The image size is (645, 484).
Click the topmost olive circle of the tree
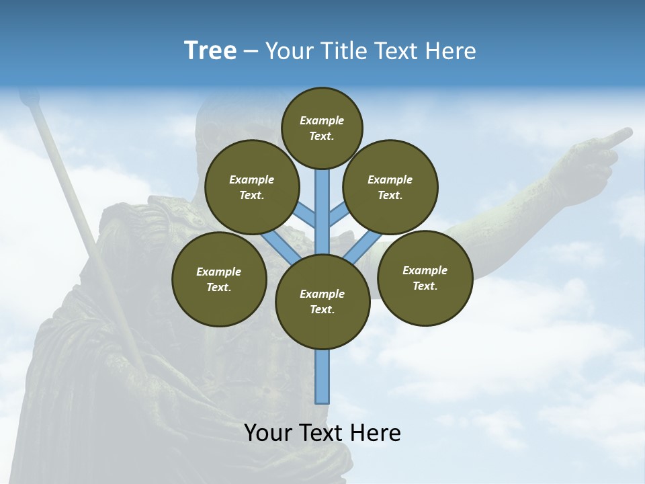[322, 128]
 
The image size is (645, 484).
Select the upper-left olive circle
[252, 187]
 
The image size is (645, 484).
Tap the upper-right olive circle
[390, 187]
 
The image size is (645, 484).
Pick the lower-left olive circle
[219, 279]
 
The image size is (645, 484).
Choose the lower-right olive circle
[425, 278]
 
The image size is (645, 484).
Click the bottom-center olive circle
[322, 302]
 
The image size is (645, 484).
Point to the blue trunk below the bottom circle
[322, 376]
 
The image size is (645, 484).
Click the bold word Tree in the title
[210, 50]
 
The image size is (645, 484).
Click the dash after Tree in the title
[251, 52]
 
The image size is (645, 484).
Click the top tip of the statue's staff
[28, 99]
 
